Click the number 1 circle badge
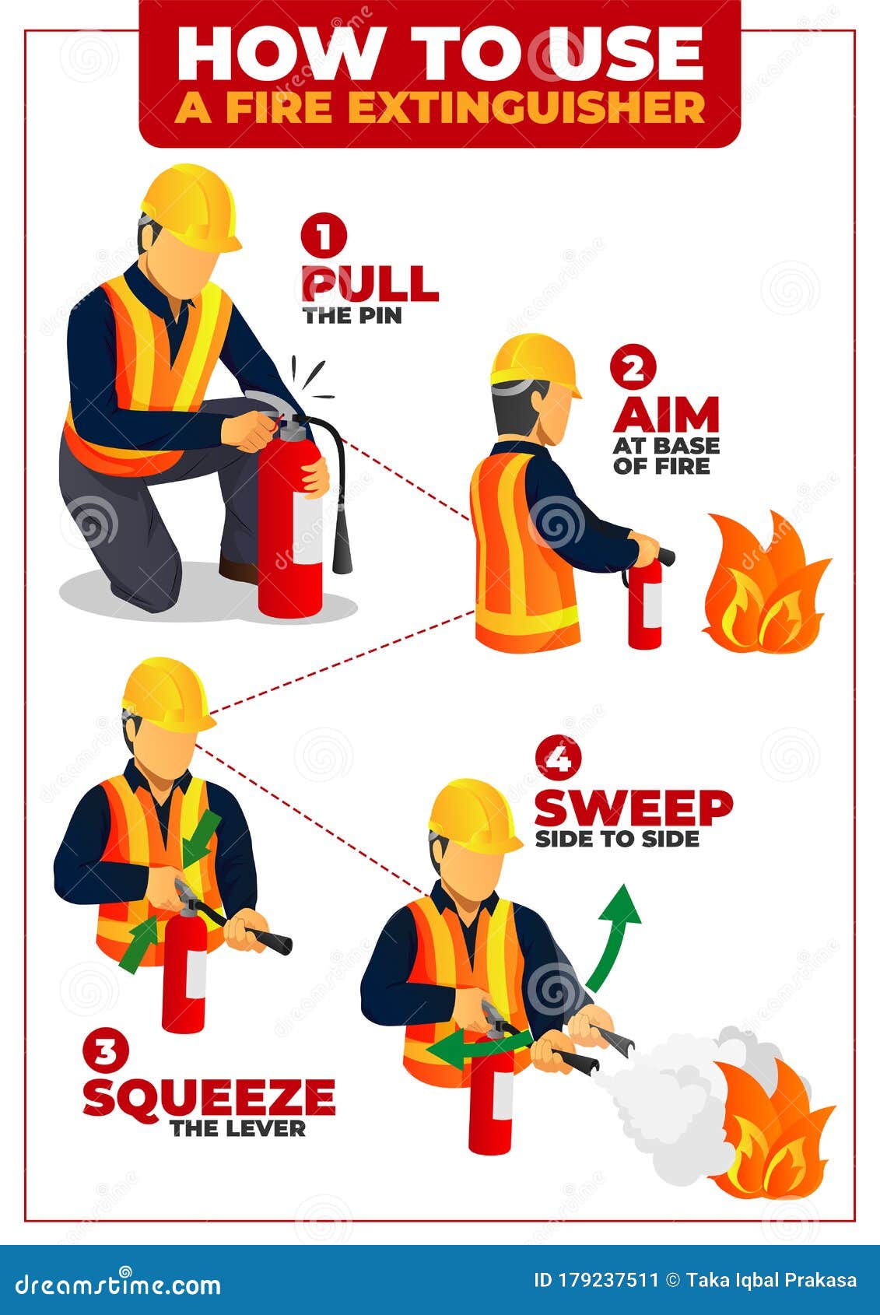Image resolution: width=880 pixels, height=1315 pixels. [x=324, y=236]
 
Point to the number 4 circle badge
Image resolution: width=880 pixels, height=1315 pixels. [x=559, y=759]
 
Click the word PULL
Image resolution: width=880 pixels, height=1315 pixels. [x=370, y=285]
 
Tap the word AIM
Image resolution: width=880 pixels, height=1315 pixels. [x=666, y=415]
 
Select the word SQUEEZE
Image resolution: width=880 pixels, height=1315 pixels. [x=209, y=1097]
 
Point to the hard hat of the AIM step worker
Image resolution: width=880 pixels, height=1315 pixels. [x=535, y=365]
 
